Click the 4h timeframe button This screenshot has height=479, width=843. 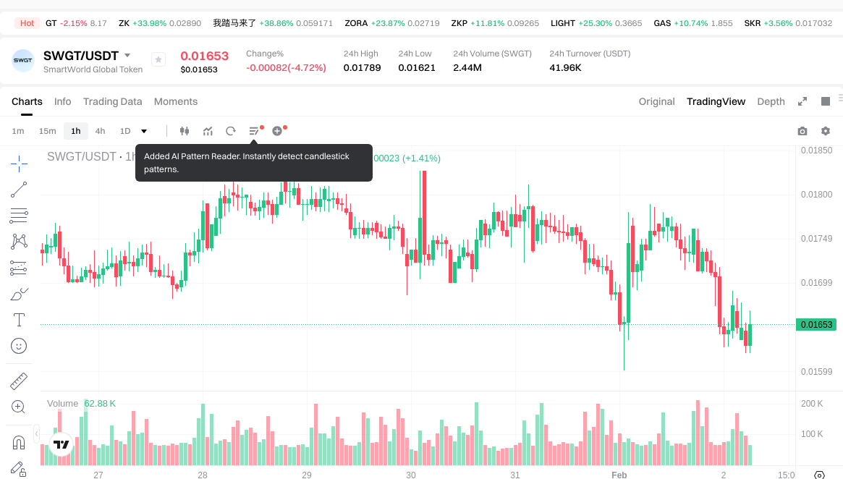pos(100,131)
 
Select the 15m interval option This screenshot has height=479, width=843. pos(47,131)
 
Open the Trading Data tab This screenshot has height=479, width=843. pos(112,101)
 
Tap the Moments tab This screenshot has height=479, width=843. pos(176,101)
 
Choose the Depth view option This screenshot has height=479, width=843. pos(771,101)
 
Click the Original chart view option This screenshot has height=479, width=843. pos(656,101)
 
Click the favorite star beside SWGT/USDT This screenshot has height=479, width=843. pos(158,60)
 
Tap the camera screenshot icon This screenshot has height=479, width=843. pos(802,131)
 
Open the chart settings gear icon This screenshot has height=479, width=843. pos(826,131)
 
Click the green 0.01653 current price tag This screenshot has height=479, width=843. pos(816,324)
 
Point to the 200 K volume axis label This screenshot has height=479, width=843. pos(812,404)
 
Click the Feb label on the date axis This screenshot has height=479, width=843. pos(619,475)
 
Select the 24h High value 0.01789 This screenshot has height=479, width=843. pos(362,68)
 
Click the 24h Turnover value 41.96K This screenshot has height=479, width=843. pos(565,68)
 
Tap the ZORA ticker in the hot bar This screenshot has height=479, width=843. pos(356,23)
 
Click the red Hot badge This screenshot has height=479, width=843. pos(27,23)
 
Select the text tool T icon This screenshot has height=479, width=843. pos(19,320)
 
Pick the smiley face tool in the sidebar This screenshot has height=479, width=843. pos(19,346)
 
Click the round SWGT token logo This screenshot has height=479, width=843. pos(23,61)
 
